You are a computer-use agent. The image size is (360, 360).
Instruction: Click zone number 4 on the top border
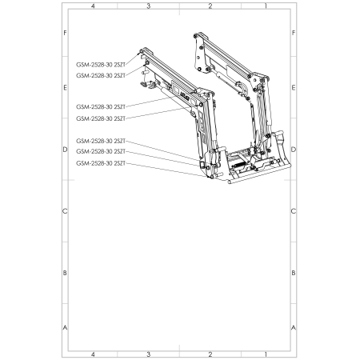coord(93,6)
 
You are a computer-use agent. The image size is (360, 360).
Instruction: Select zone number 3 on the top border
coord(149,6)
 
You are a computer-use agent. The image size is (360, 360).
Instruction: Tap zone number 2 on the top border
coord(210,6)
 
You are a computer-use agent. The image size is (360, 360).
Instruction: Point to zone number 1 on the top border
coord(266,6)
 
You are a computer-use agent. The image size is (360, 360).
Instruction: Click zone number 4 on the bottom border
coord(93,354)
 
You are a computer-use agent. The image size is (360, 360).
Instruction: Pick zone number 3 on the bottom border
coord(149,354)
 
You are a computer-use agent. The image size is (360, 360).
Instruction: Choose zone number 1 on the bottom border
coord(266,354)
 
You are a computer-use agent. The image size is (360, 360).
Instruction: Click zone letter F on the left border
coord(65,33)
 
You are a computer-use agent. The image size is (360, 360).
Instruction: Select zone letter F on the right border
coord(294,33)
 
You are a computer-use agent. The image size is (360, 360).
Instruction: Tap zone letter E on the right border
coord(294,88)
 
